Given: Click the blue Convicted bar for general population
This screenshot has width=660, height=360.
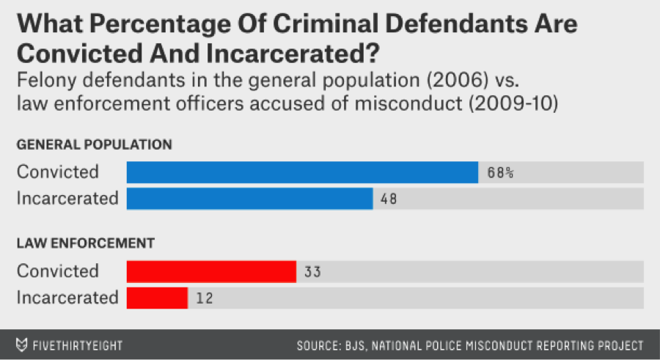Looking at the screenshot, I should click(x=302, y=172).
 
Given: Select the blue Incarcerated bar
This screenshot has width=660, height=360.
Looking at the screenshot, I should click(x=249, y=198).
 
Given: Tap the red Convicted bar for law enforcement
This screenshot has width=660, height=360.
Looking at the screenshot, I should click(x=211, y=271).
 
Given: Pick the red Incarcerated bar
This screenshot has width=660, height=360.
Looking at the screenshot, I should click(x=157, y=297).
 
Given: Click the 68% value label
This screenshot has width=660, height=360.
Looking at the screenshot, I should click(x=501, y=173).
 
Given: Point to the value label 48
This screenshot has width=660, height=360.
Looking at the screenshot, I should click(x=389, y=199).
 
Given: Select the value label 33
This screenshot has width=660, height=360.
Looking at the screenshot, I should click(x=312, y=272).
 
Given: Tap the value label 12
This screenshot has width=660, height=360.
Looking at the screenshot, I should click(x=205, y=298).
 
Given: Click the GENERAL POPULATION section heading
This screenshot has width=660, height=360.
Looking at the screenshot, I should click(x=95, y=144).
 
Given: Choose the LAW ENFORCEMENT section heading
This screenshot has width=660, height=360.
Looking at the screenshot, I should click(x=85, y=243).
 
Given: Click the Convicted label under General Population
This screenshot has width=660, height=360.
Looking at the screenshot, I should click(x=58, y=172).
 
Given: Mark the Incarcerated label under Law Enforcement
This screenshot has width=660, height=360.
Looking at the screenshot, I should click(x=67, y=297).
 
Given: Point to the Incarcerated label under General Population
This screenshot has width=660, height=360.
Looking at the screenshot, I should click(x=67, y=198).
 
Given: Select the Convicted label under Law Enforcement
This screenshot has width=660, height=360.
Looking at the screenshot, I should click(x=58, y=271).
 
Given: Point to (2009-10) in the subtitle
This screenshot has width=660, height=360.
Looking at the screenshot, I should click(x=512, y=103).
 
